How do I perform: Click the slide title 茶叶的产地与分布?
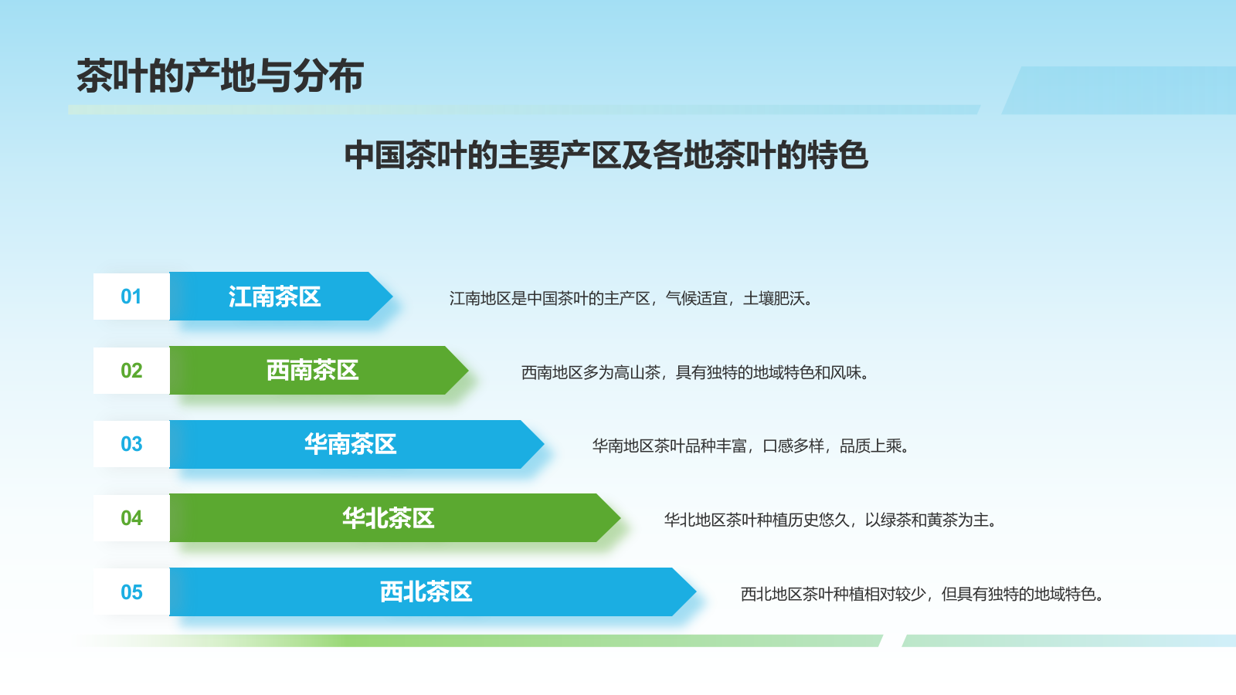click(x=219, y=76)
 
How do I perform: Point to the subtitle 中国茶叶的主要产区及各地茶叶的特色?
click(x=606, y=155)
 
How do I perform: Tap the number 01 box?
click(x=131, y=297)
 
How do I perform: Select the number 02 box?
click(x=131, y=370)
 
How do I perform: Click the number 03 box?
click(x=131, y=444)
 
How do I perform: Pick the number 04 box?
click(x=131, y=518)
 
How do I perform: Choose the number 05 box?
click(x=131, y=592)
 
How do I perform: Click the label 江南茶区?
click(x=274, y=297)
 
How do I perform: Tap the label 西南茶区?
click(x=312, y=370)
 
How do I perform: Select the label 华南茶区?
click(x=351, y=444)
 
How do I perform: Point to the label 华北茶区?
click(x=388, y=518)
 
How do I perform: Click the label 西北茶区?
click(x=426, y=592)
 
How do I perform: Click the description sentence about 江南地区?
click(x=630, y=298)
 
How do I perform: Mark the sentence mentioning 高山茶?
click(x=695, y=372)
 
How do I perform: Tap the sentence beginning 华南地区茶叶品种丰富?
click(x=750, y=445)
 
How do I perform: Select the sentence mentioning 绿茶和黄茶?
click(x=830, y=520)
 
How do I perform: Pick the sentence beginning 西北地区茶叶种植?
click(x=922, y=594)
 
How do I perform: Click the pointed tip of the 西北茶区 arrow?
click(x=696, y=592)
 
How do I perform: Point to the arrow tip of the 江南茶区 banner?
click(x=392, y=297)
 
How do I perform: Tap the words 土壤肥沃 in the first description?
click(x=774, y=298)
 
